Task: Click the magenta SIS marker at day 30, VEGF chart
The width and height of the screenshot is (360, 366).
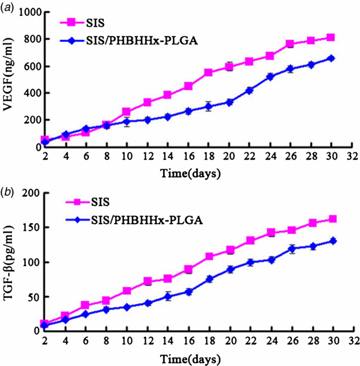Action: click(x=330, y=38)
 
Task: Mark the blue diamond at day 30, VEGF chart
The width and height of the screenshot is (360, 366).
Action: click(x=330, y=58)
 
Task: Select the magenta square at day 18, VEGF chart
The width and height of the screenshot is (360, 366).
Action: click(x=207, y=73)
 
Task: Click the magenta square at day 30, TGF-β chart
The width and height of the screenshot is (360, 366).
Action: click(x=330, y=219)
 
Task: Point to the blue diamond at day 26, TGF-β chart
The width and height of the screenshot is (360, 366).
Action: click(x=310, y=248)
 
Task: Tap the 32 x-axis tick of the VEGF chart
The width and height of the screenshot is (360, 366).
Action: click(x=351, y=157)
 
